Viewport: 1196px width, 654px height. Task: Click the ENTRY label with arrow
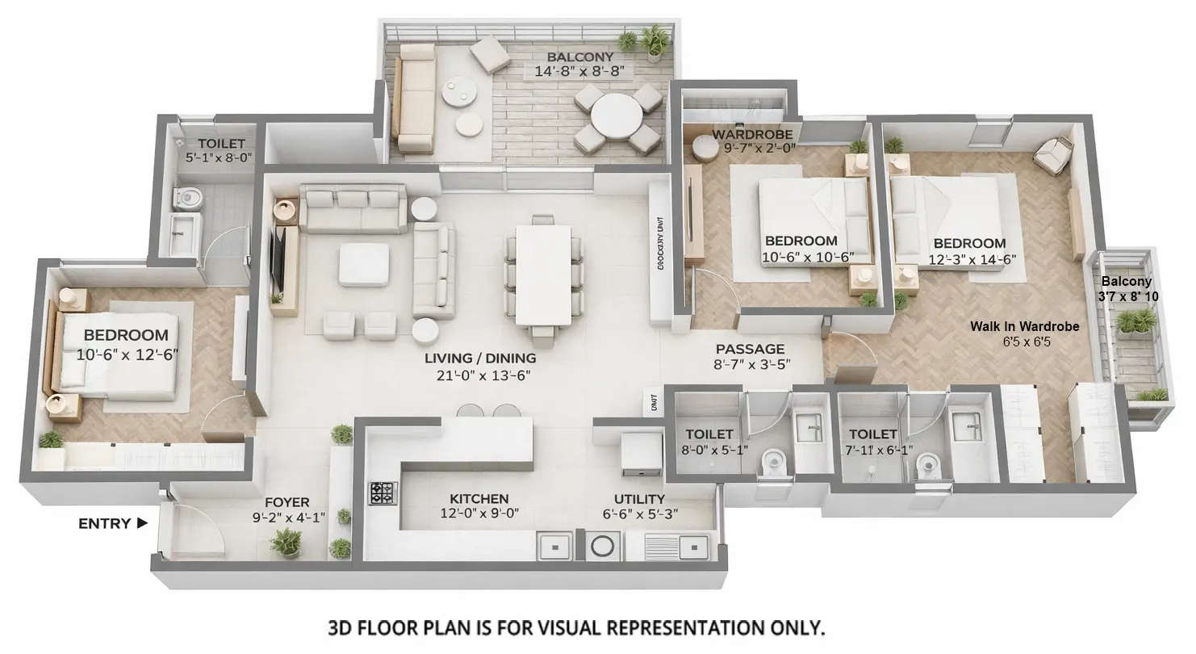(112, 523)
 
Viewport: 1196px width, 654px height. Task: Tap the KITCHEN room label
(479, 499)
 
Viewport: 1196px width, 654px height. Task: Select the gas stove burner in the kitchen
(383, 493)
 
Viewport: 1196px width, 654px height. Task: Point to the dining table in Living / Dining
(543, 274)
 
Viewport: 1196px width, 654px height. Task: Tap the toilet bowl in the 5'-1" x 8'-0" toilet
(189, 196)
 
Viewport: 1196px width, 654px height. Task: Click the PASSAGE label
(750, 349)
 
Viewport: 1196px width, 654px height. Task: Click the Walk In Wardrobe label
(1024, 326)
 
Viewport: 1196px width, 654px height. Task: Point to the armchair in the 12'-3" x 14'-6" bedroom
(1052, 155)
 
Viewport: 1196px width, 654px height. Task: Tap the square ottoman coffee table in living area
(364, 264)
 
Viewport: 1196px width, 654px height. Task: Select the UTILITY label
(639, 499)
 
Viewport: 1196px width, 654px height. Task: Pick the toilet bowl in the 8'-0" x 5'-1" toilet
(774, 463)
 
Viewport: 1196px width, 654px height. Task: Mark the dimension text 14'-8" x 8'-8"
(579, 71)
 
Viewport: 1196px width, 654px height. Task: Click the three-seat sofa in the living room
(353, 208)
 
